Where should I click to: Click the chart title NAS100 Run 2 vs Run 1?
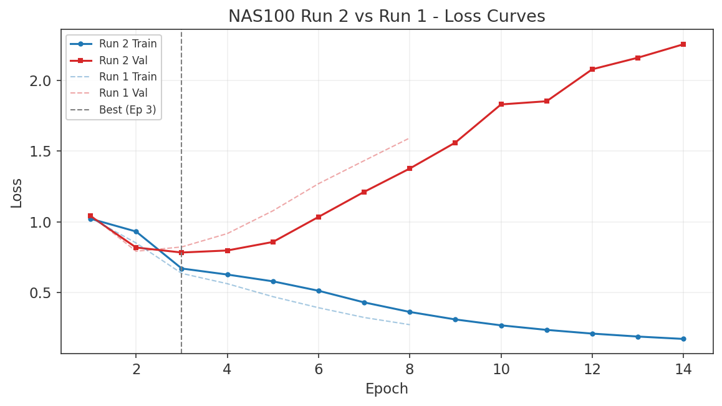[386, 16]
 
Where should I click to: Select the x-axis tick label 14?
[683, 369]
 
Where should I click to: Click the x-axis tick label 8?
[410, 369]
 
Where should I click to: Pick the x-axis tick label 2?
[136, 369]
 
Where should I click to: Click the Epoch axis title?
[387, 389]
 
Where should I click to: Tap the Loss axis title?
[17, 193]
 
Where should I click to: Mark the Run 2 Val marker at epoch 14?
[683, 44]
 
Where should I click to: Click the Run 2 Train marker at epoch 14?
[683, 339]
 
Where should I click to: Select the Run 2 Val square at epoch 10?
[501, 104]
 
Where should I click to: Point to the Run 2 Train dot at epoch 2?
[136, 231]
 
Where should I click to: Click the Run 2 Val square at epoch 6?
[319, 217]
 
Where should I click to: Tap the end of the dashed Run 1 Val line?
[409, 138]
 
